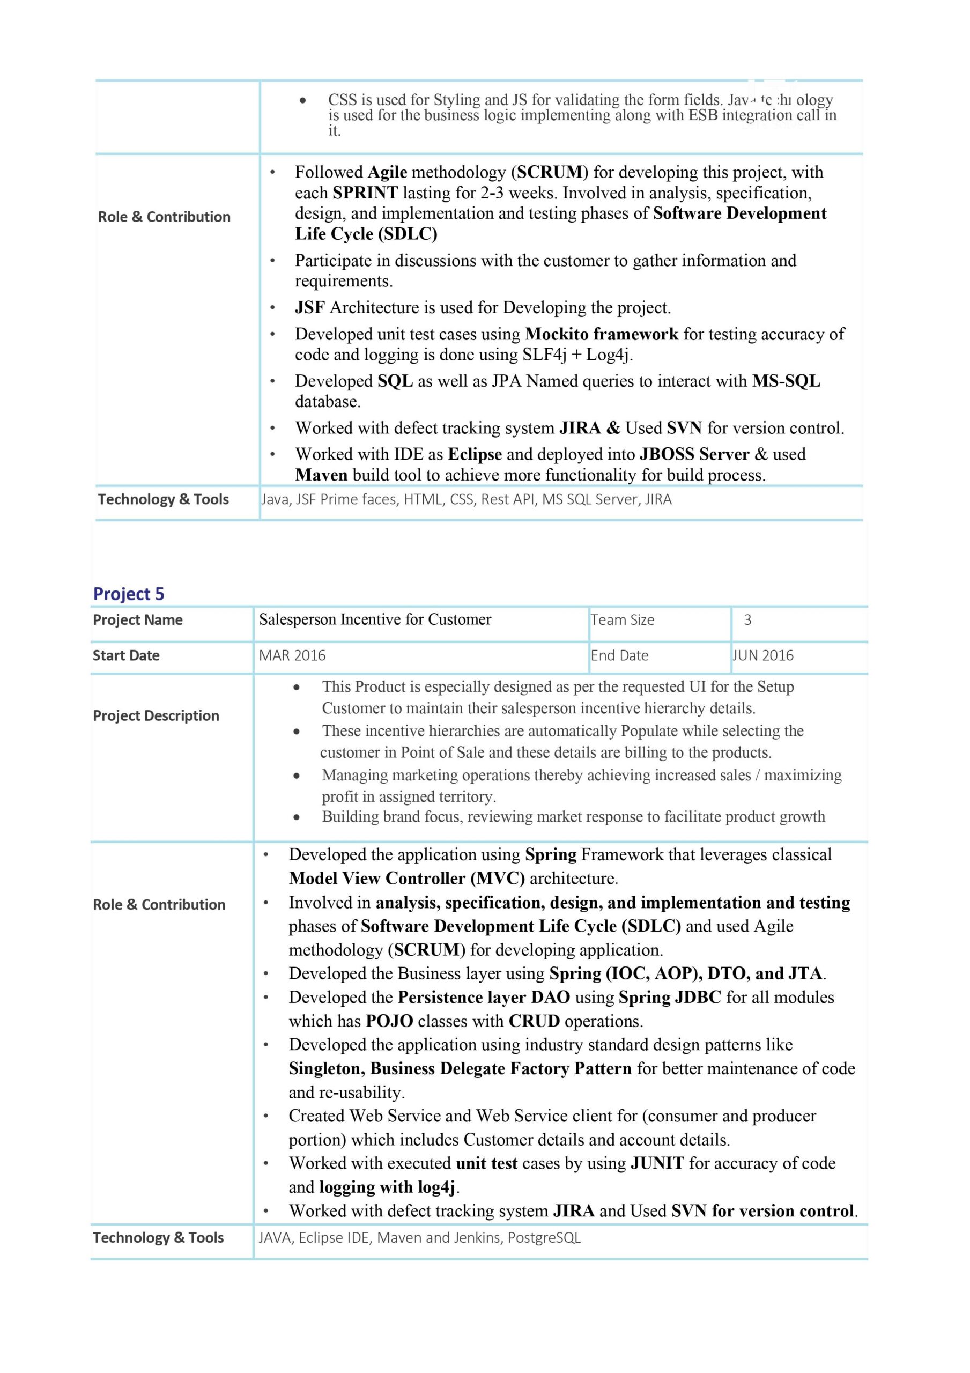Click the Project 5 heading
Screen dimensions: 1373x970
129,594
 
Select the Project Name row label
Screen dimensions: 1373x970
138,620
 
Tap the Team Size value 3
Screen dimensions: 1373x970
747,620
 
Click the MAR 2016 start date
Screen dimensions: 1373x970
292,656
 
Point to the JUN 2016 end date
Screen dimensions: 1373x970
764,656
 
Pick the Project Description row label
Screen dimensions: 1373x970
156,716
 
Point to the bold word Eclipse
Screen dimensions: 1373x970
475,454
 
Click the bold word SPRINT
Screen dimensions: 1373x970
365,193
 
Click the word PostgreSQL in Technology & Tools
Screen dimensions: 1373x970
544,1238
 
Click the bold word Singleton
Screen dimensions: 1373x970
327,1068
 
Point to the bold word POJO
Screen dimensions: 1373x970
389,1021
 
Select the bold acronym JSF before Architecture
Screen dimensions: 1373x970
310,308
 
